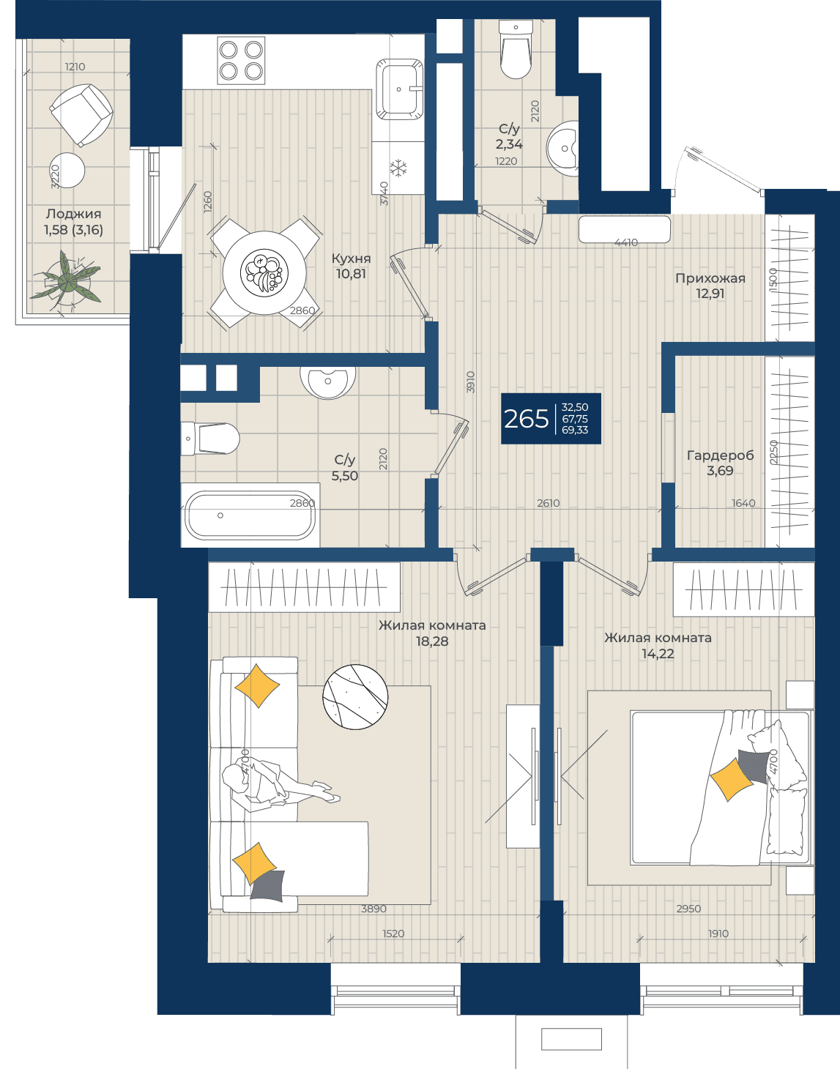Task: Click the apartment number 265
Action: [526, 419]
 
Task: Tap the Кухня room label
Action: [351, 258]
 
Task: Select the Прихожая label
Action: [710, 278]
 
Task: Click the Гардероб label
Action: [720, 455]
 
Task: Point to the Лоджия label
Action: [74, 214]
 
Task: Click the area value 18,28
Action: [432, 641]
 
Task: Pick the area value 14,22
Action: [658, 654]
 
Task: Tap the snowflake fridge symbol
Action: [398, 168]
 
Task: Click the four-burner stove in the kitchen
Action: [241, 61]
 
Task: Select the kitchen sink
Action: [399, 89]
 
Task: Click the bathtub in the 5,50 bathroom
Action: [250, 515]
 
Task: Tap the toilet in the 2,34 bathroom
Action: [515, 49]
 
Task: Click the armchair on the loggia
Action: [81, 115]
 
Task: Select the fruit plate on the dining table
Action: [264, 272]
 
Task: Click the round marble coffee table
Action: [355, 696]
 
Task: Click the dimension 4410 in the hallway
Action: [626, 242]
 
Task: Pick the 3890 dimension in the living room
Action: [373, 909]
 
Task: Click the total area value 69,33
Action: [575, 430]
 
